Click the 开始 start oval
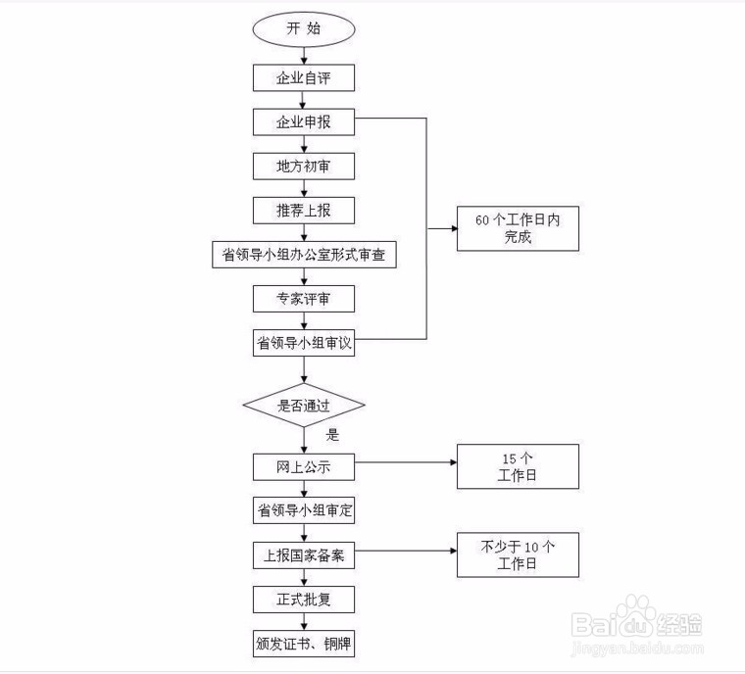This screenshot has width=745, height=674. pos(304,29)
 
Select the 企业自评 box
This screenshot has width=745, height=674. pos(304,77)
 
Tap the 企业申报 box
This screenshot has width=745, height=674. pos(304,122)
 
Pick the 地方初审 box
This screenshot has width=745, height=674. pos(304,167)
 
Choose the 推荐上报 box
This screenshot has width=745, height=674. pos(304,210)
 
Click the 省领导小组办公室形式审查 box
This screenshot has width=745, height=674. pos(304,255)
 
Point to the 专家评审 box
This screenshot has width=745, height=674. pos(304,298)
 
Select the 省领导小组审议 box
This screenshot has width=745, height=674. pos(304,342)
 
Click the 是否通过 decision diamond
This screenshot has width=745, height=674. pos(304,404)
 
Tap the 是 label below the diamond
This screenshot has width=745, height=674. pos(332,435)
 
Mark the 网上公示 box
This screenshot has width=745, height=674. pos(304,466)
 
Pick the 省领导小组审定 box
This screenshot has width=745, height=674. pos(304,510)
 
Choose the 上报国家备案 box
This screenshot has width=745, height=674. pos(304,554)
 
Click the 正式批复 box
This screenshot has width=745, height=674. pos(304,599)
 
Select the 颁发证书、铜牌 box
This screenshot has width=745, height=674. pos(304,644)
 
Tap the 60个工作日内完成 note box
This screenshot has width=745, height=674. pos(518,229)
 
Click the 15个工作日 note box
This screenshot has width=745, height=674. pos(518,466)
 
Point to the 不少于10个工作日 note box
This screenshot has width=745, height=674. pos(518,554)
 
